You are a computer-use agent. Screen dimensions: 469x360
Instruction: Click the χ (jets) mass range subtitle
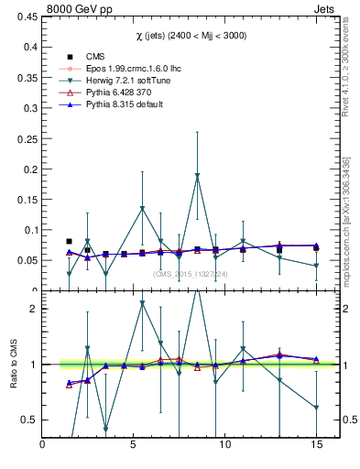tap(188, 36)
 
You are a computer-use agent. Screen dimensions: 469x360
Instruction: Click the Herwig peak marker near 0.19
tap(197, 176)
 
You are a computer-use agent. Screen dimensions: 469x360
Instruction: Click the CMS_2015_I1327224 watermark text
tap(190, 274)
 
